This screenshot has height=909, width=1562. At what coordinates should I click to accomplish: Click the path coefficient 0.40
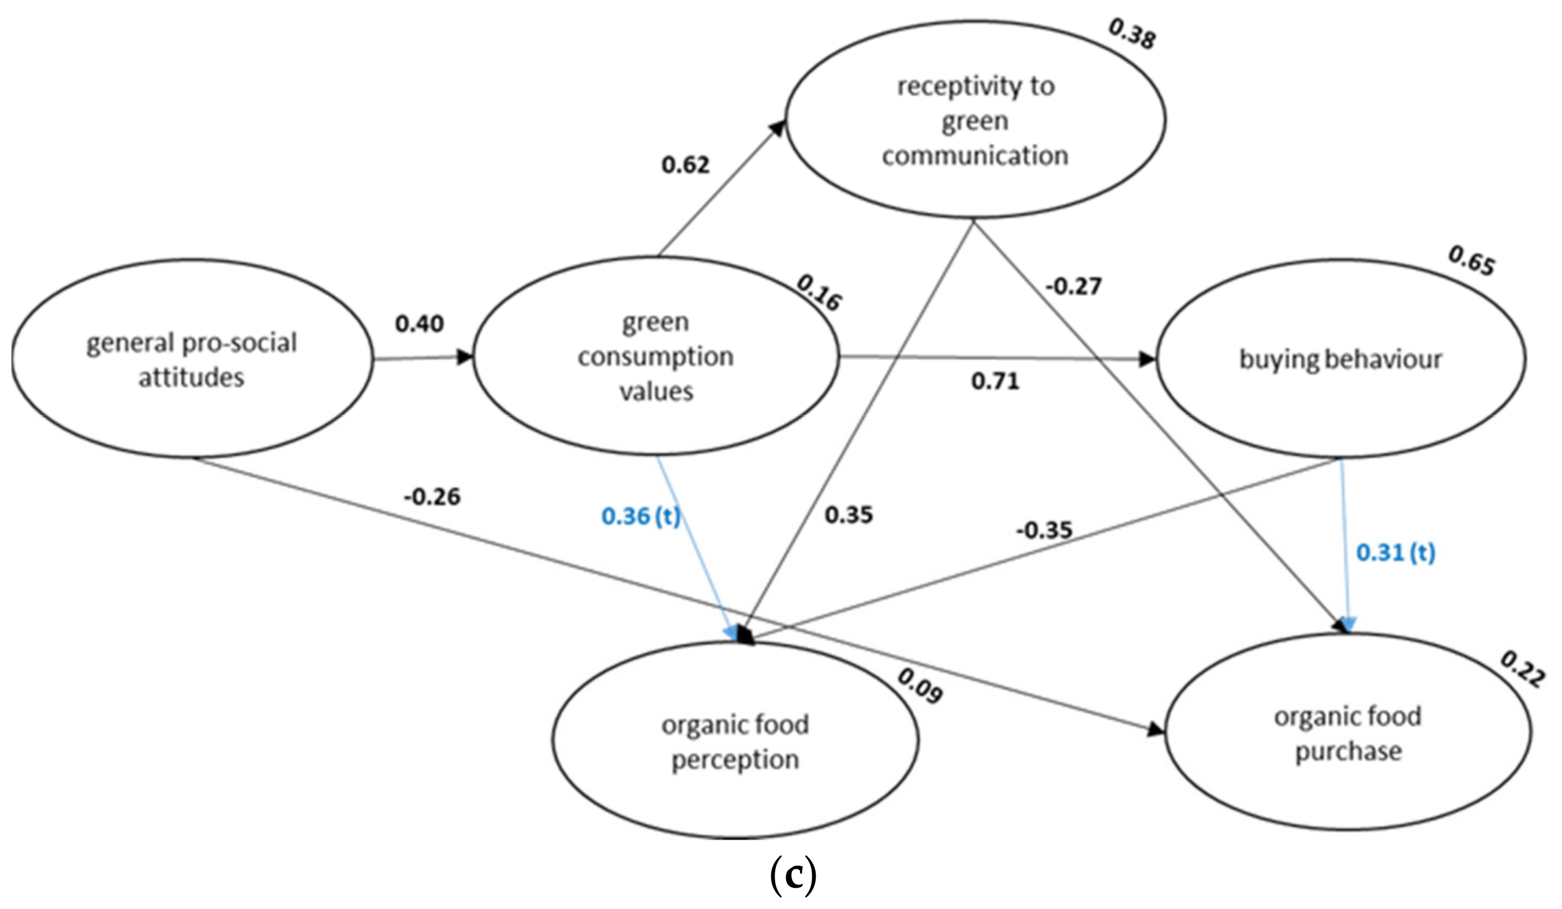[420, 324]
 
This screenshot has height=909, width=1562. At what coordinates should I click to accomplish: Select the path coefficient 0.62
[685, 165]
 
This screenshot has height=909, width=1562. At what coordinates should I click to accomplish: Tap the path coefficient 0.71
[995, 381]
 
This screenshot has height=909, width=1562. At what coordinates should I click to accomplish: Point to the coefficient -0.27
[1073, 287]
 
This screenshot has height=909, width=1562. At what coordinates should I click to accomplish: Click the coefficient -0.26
[432, 496]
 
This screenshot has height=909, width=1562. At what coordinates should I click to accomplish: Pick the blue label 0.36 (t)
[641, 515]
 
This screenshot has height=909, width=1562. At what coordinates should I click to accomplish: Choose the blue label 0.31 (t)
[1395, 552]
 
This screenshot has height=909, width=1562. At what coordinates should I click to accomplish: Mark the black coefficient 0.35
[848, 515]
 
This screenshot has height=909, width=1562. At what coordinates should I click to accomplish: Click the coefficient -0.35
[1044, 530]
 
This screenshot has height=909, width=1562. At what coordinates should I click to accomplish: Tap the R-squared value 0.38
[1132, 34]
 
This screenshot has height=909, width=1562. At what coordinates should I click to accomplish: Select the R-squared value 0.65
[1471, 260]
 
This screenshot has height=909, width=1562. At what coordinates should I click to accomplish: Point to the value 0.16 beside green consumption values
[818, 293]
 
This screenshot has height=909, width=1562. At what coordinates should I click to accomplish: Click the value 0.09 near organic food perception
[920, 686]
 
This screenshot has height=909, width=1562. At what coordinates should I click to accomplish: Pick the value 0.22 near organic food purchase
[1522, 669]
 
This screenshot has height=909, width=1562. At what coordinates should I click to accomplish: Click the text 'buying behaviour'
[1340, 360]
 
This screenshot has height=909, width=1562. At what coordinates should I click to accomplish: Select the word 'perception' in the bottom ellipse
[735, 760]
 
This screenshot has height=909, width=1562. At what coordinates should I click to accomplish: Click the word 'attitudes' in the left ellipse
[191, 377]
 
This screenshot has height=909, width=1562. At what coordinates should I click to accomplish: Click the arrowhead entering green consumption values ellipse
[464, 357]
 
